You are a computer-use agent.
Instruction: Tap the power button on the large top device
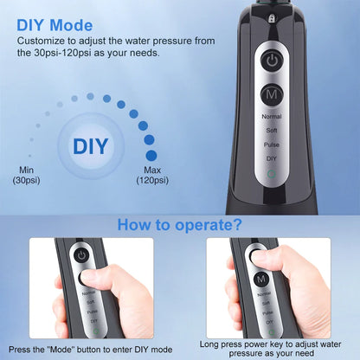pos(273,61)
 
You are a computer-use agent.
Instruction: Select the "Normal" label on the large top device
pos(273,114)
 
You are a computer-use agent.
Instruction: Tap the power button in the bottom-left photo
pos(81,256)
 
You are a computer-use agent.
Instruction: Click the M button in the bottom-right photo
pos(260,303)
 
